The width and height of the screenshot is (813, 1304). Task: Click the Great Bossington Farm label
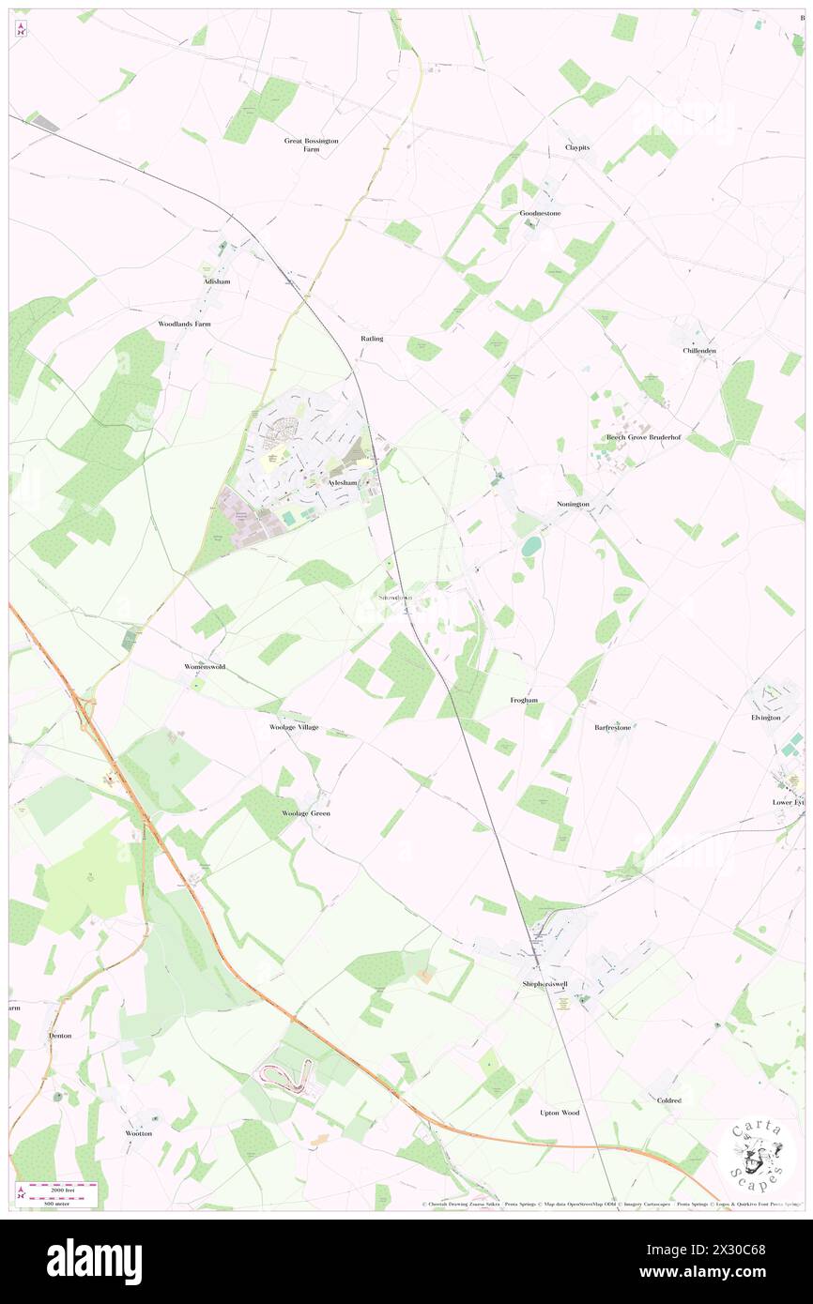(x=311, y=144)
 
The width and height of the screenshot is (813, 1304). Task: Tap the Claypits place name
(x=577, y=148)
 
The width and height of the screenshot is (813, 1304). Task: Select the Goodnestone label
(x=540, y=213)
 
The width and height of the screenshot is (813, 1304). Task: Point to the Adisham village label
(x=216, y=281)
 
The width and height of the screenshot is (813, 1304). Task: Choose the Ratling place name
(x=372, y=338)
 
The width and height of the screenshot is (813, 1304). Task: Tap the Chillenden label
(x=699, y=351)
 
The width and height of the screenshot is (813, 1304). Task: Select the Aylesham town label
(x=343, y=482)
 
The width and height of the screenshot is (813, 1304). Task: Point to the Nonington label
(x=573, y=504)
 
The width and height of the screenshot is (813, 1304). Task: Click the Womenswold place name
(x=205, y=666)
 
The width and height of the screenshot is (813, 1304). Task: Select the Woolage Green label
(x=306, y=813)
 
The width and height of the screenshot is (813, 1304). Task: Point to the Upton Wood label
(x=560, y=1113)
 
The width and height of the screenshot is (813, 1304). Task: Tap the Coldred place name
(x=669, y=1100)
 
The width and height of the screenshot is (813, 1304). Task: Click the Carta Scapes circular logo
(x=757, y=1155)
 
